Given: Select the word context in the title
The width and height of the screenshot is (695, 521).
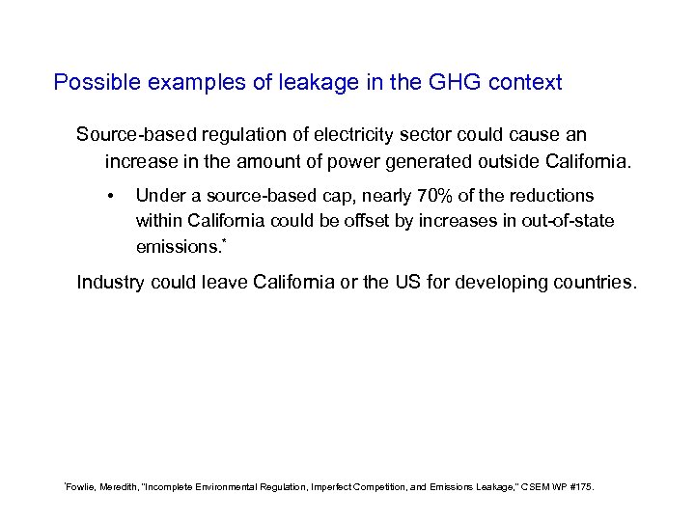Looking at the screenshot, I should click(525, 83).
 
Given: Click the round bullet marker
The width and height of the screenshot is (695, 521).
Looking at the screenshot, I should click(113, 197).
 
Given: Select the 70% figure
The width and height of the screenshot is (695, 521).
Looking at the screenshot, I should click(433, 196).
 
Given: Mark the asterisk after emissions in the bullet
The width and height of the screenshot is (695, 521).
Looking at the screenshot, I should click(223, 241).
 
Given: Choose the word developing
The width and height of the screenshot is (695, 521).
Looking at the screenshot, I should click(504, 283).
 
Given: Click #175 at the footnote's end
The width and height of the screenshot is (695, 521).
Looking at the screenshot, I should click(581, 487).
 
